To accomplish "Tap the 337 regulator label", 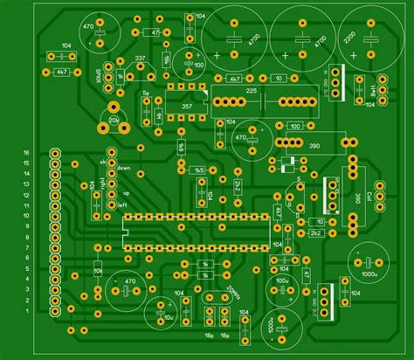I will (140, 59).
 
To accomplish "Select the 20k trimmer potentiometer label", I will (114, 118).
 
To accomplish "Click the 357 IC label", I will (186, 107).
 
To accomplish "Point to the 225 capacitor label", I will (251, 91).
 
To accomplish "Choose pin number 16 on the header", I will (27, 152).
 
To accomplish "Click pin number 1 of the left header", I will (27, 310).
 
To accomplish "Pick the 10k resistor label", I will (97, 272).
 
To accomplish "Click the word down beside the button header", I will (123, 168).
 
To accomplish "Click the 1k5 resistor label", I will (198, 170).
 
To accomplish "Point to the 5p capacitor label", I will (147, 92).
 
